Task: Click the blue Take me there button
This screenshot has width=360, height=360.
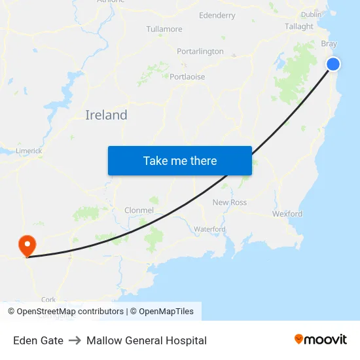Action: (180, 160)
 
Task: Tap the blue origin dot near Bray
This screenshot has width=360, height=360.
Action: (333, 63)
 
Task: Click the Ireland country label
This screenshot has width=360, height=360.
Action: (106, 115)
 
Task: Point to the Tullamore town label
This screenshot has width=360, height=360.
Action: (164, 29)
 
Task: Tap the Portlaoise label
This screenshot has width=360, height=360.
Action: (187, 77)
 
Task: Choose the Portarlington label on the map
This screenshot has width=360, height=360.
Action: (200, 51)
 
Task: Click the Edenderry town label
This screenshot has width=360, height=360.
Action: (217, 15)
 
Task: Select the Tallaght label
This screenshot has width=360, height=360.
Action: (299, 27)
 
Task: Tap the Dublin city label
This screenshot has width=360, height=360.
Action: (311, 14)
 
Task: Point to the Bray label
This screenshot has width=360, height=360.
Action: (329, 44)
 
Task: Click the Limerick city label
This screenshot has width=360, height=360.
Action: (29, 151)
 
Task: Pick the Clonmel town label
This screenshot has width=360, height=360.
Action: (139, 211)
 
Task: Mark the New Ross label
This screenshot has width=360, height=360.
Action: (230, 202)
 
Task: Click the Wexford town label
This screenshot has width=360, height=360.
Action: (287, 214)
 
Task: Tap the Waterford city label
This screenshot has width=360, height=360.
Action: (209, 229)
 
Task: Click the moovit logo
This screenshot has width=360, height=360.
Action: (321, 339)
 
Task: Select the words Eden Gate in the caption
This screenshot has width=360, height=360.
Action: (38, 340)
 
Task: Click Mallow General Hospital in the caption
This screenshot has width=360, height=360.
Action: (147, 340)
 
